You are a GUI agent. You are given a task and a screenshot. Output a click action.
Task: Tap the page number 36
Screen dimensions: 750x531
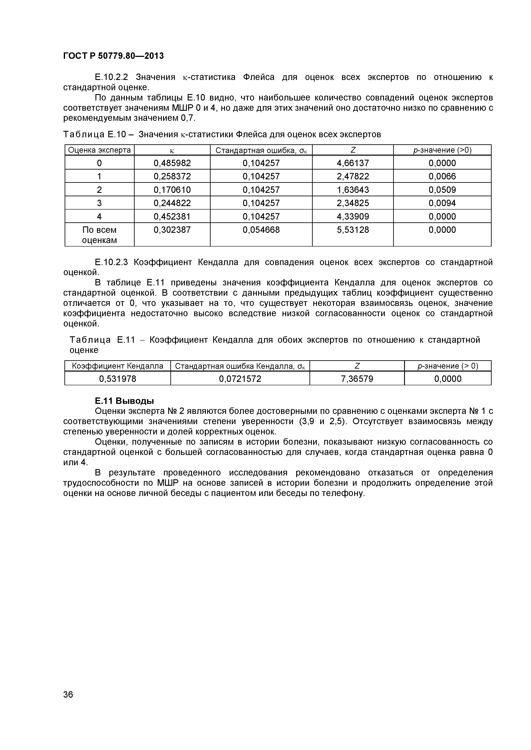coord(68,704)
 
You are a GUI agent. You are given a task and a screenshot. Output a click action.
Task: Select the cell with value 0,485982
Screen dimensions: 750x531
coord(172,163)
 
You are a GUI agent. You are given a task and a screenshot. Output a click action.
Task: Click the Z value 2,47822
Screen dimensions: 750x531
coord(353,176)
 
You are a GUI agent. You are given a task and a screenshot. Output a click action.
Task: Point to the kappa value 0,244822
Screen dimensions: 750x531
coord(172,203)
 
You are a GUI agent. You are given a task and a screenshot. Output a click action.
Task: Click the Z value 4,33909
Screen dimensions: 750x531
coord(353,217)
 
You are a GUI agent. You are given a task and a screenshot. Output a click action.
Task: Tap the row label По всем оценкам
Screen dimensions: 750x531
coord(99,235)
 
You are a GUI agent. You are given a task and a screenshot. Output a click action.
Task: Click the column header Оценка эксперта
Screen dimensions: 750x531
coord(99,150)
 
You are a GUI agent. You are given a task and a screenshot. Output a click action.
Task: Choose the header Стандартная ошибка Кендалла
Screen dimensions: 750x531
coord(240,366)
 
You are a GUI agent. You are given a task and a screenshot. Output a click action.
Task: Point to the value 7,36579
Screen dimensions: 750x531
coord(357,379)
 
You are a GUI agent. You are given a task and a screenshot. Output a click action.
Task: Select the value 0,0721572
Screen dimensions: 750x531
coord(240,379)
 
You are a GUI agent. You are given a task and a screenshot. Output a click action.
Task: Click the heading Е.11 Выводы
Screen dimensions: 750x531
coord(124,401)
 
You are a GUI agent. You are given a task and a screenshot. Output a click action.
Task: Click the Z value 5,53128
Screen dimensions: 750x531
coord(353,230)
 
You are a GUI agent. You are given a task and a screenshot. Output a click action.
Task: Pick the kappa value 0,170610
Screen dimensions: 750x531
coord(172,190)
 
